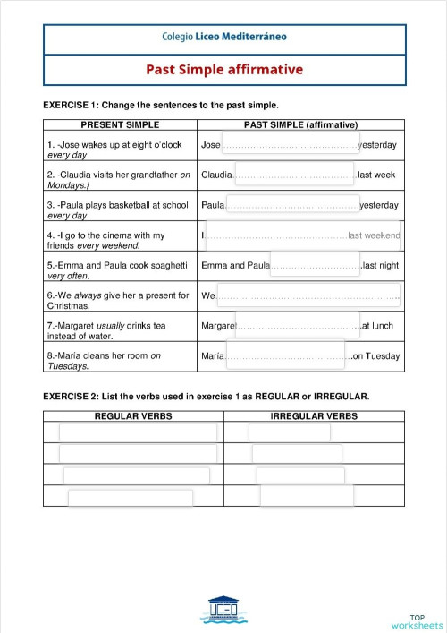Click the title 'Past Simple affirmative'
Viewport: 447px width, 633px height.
click(224, 69)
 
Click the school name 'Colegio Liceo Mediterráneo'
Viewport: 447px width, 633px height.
click(224, 38)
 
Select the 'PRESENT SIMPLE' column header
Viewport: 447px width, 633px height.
click(120, 124)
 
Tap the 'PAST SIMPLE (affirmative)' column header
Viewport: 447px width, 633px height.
click(300, 124)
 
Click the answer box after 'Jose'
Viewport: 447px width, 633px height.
click(289, 143)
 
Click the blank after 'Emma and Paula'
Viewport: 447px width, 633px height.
click(316, 264)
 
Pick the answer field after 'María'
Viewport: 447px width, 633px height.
click(287, 355)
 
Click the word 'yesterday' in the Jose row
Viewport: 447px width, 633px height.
click(377, 144)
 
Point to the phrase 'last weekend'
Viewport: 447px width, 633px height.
click(374, 235)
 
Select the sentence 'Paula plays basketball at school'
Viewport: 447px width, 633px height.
click(118, 205)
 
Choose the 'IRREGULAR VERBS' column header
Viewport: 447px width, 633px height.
click(314, 416)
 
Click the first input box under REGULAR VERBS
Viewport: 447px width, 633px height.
click(138, 432)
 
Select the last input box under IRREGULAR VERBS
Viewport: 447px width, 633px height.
click(304, 496)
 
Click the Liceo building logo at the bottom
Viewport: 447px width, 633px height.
click(223, 610)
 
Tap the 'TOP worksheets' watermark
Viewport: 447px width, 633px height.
click(417, 621)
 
